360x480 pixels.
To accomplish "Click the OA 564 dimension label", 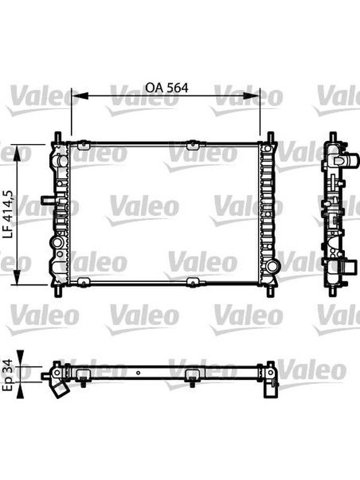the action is coord(167,88).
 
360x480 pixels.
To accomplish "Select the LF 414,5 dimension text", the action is coord(8,214).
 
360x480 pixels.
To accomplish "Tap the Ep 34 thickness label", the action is coord(8,374).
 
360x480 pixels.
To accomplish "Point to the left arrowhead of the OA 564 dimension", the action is coord(80,95).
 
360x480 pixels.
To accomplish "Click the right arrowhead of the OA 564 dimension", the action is coord(251,95).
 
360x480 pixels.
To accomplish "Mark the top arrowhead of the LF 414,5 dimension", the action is coord(17,153).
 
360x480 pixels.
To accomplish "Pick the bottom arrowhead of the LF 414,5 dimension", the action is coord(17,277).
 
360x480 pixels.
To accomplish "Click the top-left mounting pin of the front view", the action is coord(58,137).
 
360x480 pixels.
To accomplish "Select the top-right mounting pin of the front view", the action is coord(271,137).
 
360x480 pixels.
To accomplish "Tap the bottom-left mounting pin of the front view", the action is coord(58,291).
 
